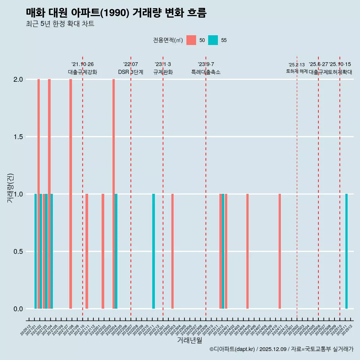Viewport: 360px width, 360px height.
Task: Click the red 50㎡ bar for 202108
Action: click(70, 194)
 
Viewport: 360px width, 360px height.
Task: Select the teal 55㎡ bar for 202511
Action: click(346, 251)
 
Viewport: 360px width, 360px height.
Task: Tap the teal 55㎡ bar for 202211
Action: click(153, 251)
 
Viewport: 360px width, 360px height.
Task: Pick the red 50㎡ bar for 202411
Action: click(280, 251)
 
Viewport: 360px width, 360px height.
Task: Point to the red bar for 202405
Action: click(247, 251)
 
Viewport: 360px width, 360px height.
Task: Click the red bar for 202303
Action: click(172, 251)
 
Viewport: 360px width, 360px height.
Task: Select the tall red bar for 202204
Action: click(114, 194)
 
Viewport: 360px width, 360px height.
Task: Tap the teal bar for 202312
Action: click(223, 251)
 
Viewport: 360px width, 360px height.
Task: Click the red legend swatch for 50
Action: click(191, 40)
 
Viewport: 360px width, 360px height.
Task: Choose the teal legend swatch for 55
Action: click(213, 40)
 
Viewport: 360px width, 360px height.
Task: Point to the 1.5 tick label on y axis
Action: click(18, 137)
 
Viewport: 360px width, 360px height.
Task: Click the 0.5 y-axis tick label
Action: click(18, 252)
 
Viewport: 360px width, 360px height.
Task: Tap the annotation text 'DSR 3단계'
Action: click(130, 72)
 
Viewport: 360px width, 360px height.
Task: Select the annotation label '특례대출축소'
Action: click(206, 72)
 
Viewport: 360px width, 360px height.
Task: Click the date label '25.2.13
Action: click(297, 65)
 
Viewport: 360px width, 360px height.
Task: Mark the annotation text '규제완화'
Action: click(163, 72)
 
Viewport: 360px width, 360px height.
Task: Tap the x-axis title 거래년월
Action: click(189, 340)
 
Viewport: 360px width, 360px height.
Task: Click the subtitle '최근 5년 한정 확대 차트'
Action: click(60, 24)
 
